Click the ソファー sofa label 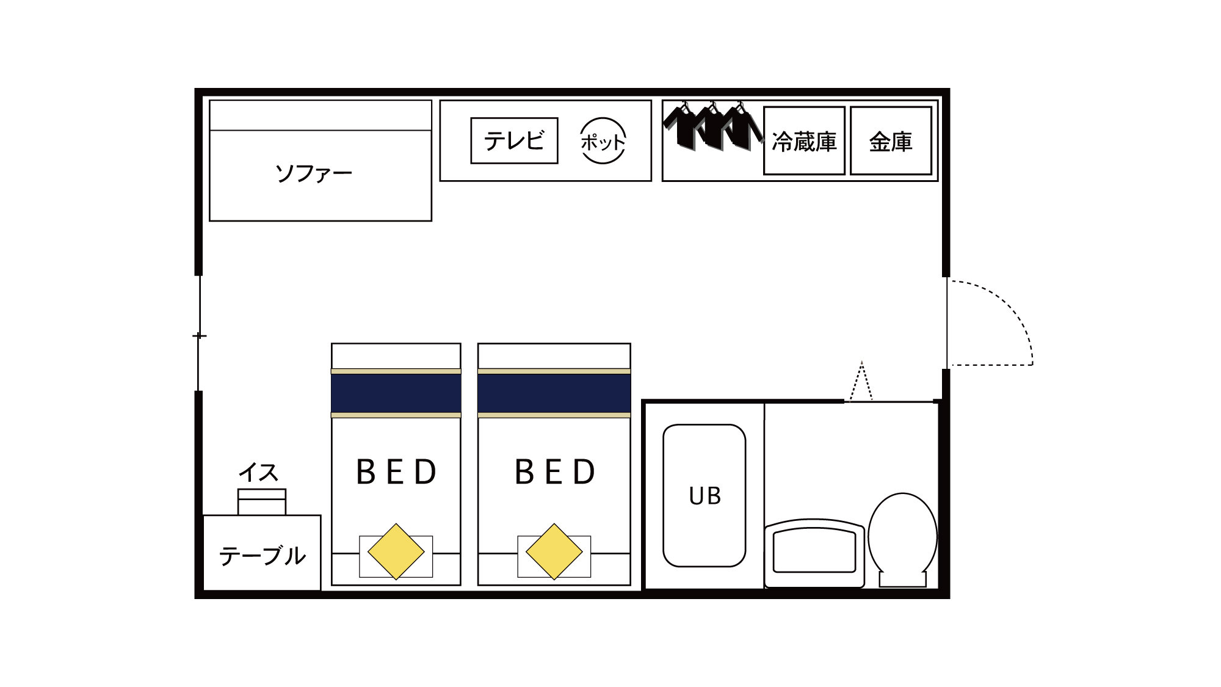314,174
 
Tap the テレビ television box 514,141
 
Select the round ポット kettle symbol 603,141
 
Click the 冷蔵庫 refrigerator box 804,141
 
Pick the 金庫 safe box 891,141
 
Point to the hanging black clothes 712,127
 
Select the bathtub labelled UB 705,495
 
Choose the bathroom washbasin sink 814,551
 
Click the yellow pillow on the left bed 396,551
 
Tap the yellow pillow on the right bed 554,551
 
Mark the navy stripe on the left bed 396,393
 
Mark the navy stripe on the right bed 554,393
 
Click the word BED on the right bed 555,472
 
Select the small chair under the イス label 262,502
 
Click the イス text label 258,472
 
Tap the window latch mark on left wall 199,336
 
